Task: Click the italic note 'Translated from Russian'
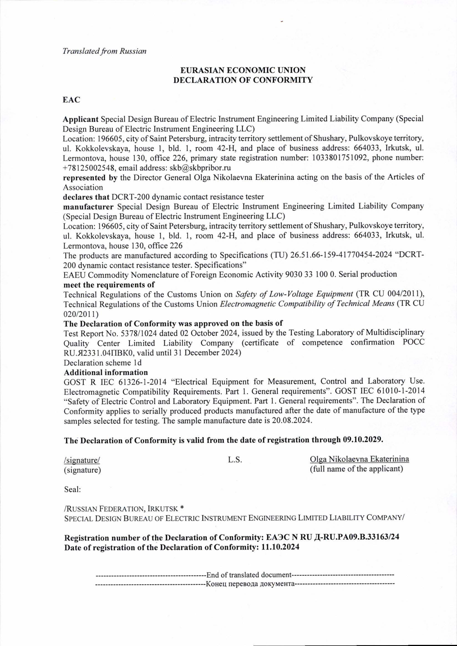(x=104, y=51)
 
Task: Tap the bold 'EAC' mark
(x=72, y=100)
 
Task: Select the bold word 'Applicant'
(x=80, y=119)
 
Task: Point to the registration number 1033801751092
(x=339, y=158)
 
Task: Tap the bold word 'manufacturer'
(x=88, y=207)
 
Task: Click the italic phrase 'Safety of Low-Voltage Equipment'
(x=294, y=294)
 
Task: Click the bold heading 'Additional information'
(x=106, y=372)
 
